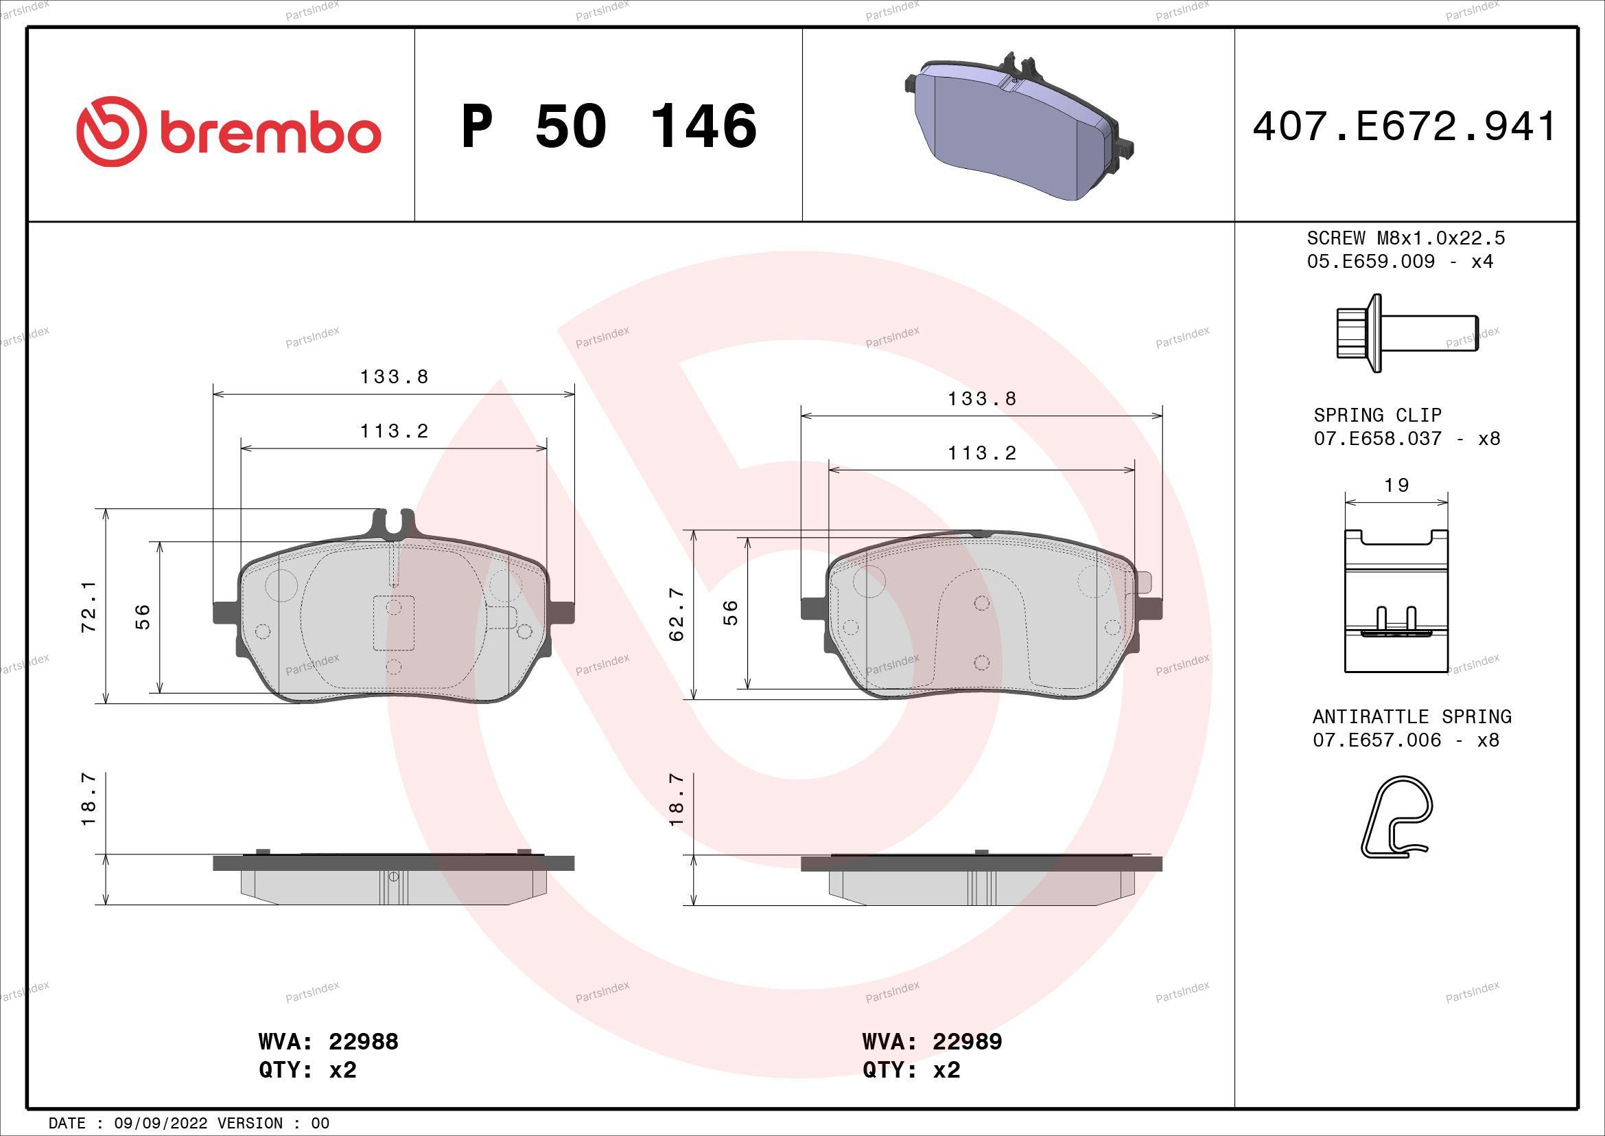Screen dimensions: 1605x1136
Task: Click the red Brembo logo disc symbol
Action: (112, 131)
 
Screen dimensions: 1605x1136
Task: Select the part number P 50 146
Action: (609, 126)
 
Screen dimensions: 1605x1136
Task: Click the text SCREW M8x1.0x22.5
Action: (1406, 238)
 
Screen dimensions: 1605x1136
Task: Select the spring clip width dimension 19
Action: (1396, 485)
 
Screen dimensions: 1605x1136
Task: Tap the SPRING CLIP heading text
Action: (1377, 415)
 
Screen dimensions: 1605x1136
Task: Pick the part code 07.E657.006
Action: (1376, 740)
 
